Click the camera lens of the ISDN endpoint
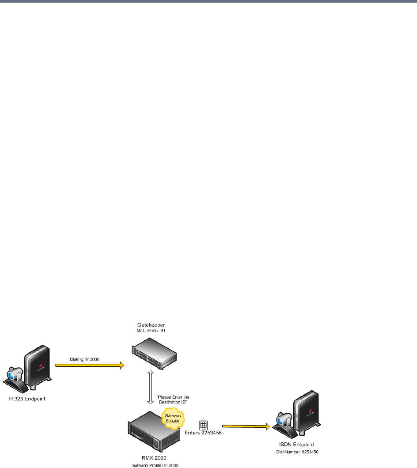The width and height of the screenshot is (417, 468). (281, 423)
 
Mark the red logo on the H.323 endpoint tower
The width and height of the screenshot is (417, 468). (43, 366)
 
